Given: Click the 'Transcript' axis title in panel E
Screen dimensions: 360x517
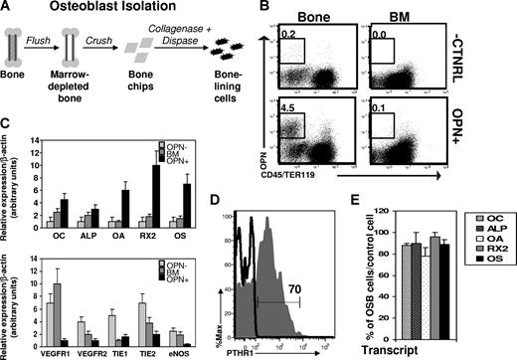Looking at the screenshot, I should pos(391,351).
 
